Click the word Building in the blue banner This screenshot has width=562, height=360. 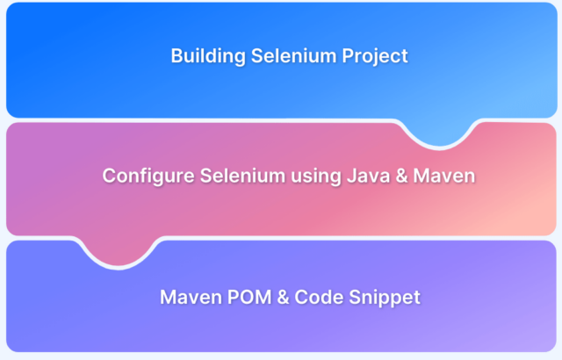tap(208, 56)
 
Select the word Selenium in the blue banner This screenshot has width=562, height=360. tap(294, 55)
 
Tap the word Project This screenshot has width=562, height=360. tap(375, 56)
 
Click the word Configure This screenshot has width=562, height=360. tap(148, 176)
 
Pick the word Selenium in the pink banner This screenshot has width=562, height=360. tap(242, 176)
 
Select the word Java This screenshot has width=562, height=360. tap(368, 176)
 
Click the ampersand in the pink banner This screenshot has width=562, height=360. tap(402, 176)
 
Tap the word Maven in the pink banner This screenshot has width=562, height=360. tap(444, 176)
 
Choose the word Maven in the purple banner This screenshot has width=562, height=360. tap(191, 298)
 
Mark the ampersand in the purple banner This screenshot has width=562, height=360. tap(283, 298)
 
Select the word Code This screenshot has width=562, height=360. tap(319, 298)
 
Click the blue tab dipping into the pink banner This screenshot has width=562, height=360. tap(440, 133)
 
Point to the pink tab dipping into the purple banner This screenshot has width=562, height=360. tap(119, 251)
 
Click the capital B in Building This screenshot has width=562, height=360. tap(177, 56)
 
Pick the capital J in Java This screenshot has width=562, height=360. tap(351, 176)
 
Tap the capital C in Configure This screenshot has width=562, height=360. tap(109, 176)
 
